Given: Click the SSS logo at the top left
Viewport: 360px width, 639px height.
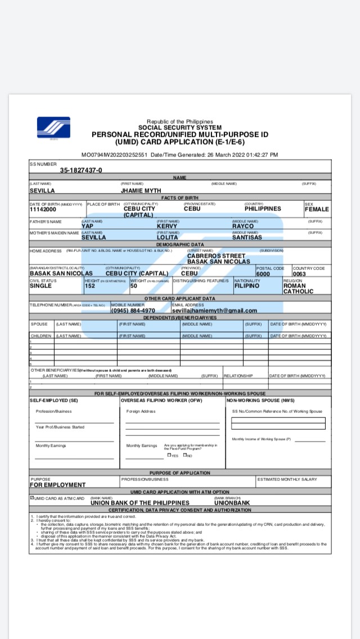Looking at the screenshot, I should (53, 128).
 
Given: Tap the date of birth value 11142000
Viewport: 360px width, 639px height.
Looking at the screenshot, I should (43, 209).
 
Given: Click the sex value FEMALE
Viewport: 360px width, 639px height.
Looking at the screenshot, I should (317, 209).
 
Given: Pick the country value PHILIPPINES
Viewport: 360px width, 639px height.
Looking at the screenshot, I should (263, 209).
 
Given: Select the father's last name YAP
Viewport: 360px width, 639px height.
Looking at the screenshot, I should (87, 226).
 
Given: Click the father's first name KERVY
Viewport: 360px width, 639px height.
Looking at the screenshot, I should (167, 226).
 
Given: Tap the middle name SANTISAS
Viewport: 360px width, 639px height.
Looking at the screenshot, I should (247, 237).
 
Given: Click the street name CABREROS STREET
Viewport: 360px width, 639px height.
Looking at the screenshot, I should (217, 256).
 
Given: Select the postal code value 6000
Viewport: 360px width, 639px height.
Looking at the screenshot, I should (263, 273).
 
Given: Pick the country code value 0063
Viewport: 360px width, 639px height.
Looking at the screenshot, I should (299, 274).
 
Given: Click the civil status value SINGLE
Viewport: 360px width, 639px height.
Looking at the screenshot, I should (40, 286).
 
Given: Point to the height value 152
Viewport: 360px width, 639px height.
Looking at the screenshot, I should (89, 286).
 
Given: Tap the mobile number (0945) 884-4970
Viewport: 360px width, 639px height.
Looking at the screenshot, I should (133, 310).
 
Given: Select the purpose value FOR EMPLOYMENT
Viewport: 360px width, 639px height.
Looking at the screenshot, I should (58, 484).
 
